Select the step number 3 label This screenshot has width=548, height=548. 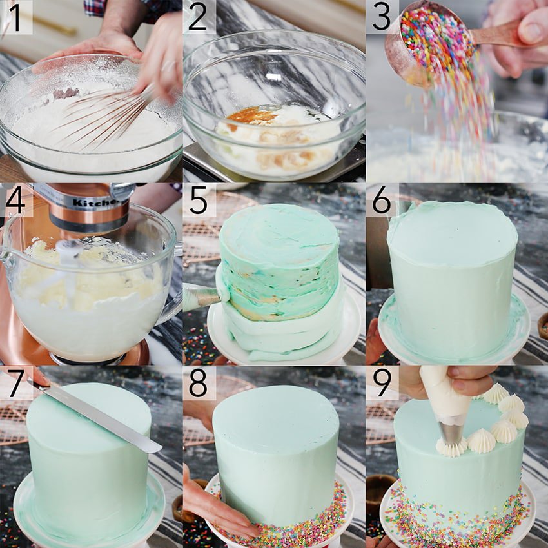point(382,17)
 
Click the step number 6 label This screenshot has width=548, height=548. point(382,201)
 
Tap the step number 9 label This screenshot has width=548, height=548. point(382,383)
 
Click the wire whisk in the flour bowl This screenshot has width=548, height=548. point(103,116)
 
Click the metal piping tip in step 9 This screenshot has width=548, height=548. point(451,433)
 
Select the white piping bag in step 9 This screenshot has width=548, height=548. point(445,393)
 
